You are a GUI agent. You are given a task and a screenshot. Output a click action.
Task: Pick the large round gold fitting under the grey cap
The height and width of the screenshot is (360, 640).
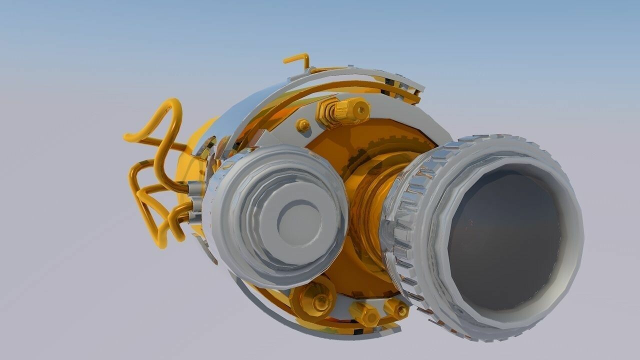314,300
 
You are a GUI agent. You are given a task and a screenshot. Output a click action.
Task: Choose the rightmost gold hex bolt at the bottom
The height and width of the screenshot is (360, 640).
396,308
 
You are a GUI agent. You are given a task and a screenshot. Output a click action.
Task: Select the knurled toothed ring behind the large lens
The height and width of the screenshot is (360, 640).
400,225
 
